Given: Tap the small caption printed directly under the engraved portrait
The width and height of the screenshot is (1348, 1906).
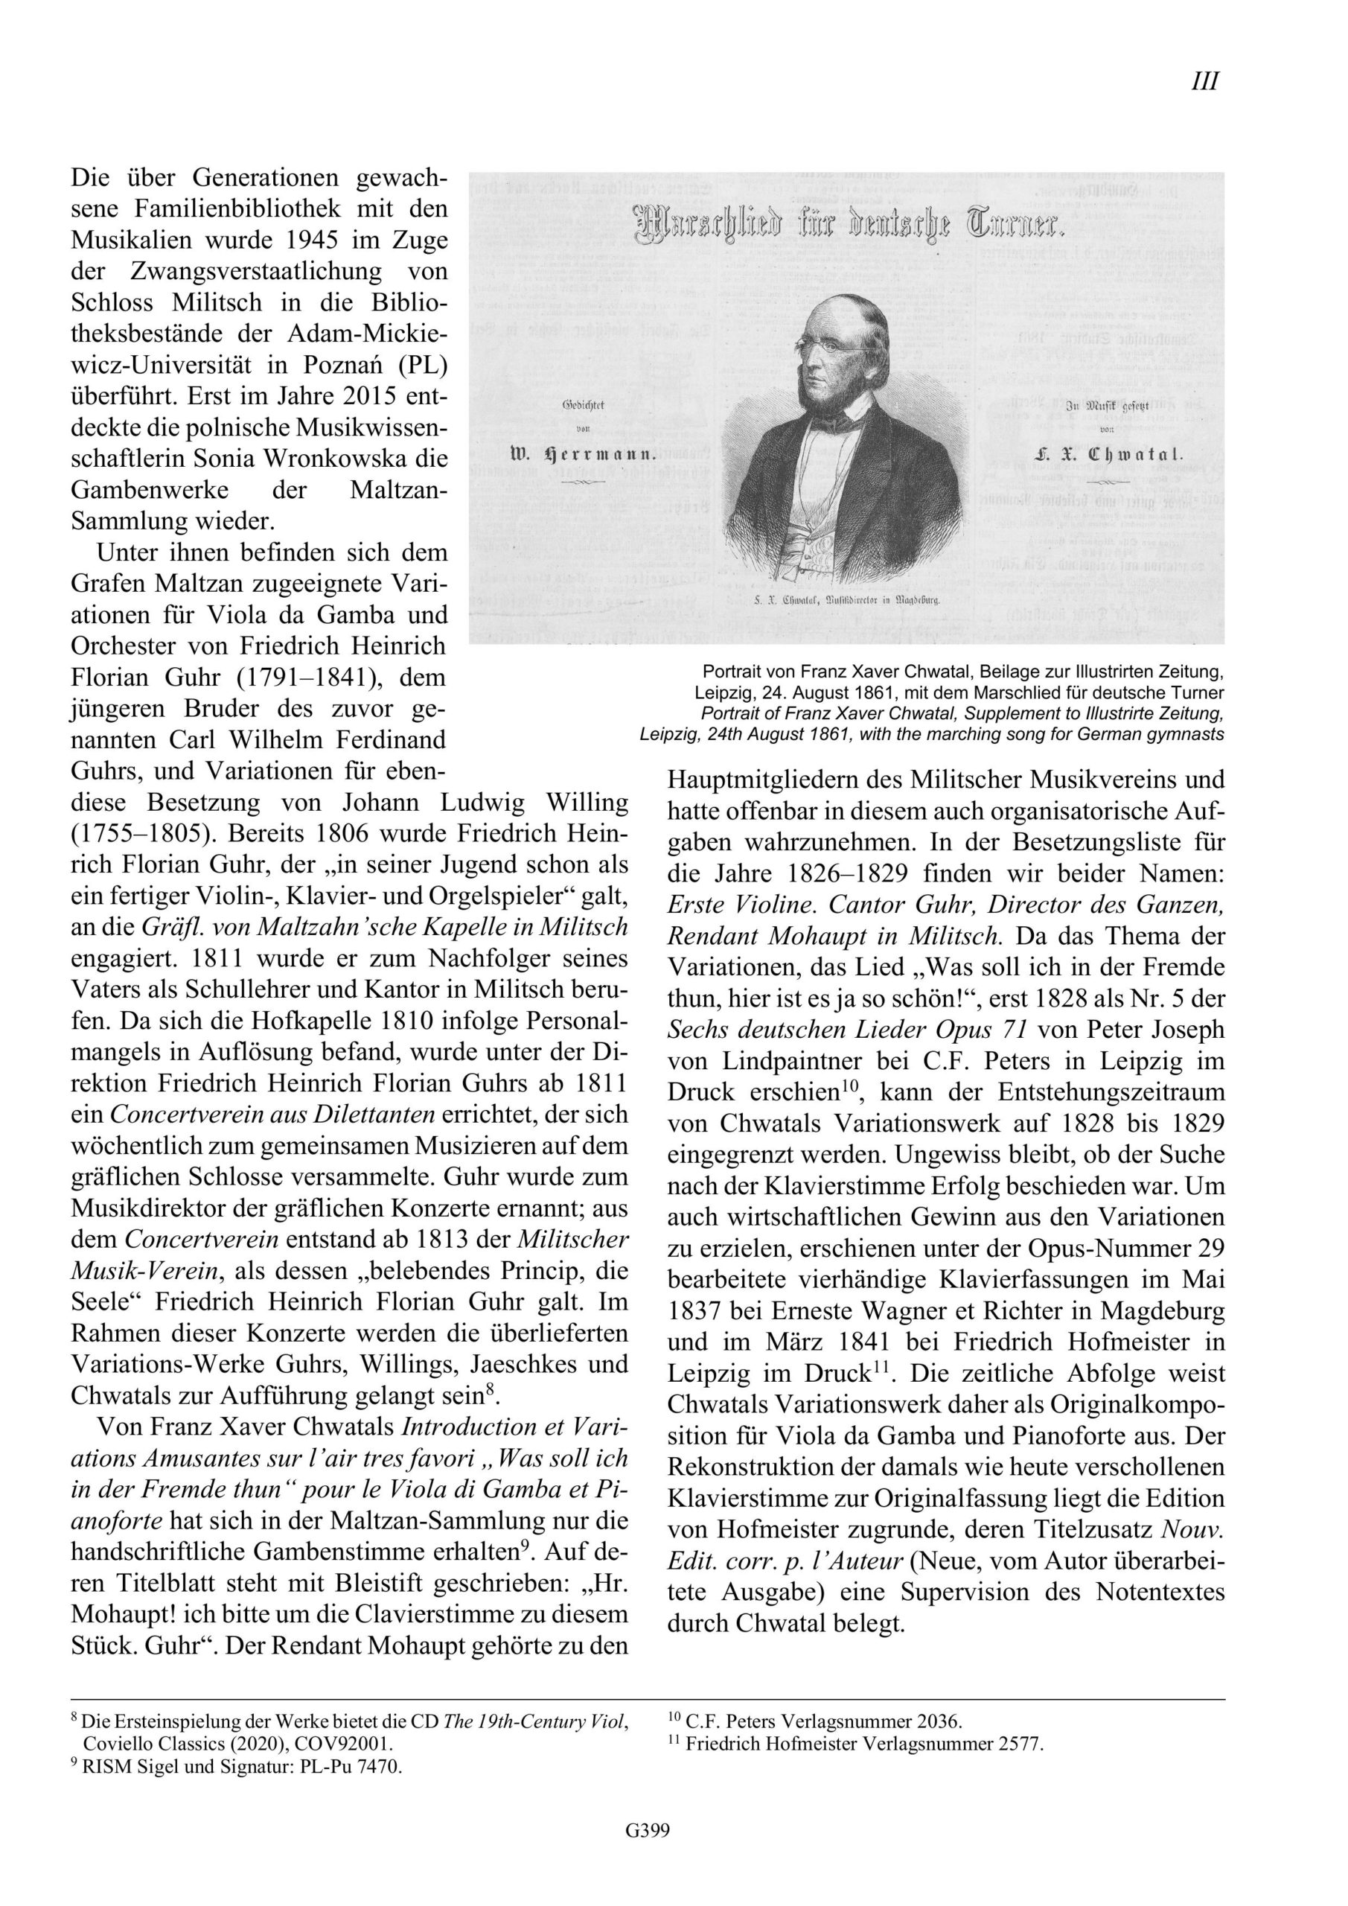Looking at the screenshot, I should coord(846,601).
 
